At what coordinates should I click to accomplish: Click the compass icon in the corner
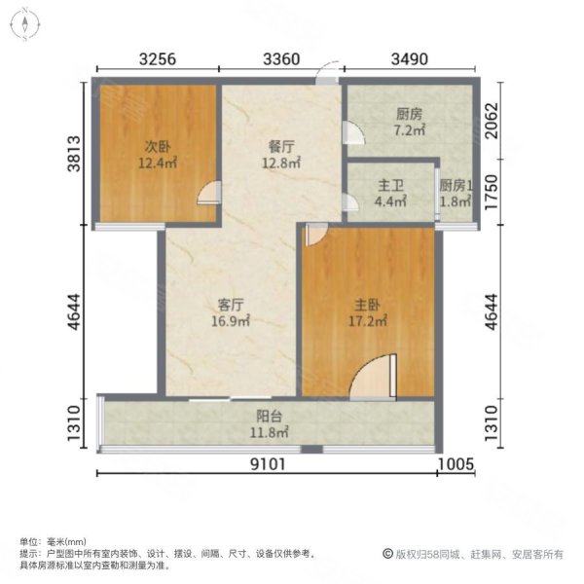25,24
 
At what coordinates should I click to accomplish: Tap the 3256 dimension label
158,59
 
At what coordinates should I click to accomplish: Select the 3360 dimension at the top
281,59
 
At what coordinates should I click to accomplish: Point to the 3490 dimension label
410,59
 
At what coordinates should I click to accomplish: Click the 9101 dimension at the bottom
269,464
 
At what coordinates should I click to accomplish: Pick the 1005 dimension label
456,464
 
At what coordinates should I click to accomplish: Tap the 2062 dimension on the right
492,121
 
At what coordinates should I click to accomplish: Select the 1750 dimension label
492,192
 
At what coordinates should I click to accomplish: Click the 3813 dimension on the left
74,154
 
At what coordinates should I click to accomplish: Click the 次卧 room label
158,146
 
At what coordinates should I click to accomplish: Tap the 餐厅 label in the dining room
281,146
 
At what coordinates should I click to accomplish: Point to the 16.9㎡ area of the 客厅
231,320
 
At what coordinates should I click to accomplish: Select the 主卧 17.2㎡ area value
368,320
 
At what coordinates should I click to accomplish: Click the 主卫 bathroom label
390,186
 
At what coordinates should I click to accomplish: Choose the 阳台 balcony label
269,416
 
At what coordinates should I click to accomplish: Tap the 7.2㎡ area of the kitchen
410,130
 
